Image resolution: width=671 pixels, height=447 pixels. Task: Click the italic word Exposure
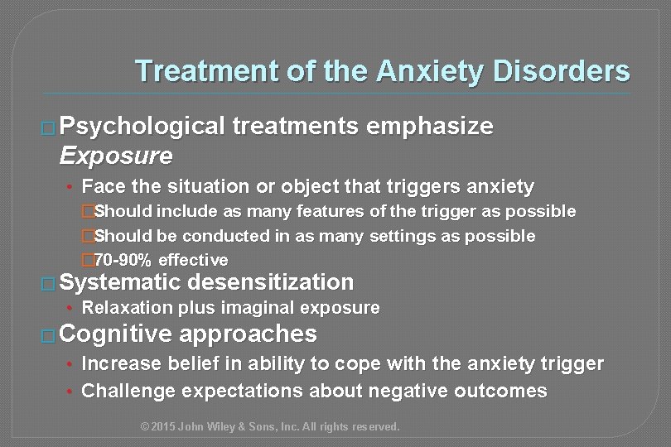[117, 155]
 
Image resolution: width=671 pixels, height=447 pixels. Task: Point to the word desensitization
[274, 282]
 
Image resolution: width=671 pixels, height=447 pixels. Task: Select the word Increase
[123, 363]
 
